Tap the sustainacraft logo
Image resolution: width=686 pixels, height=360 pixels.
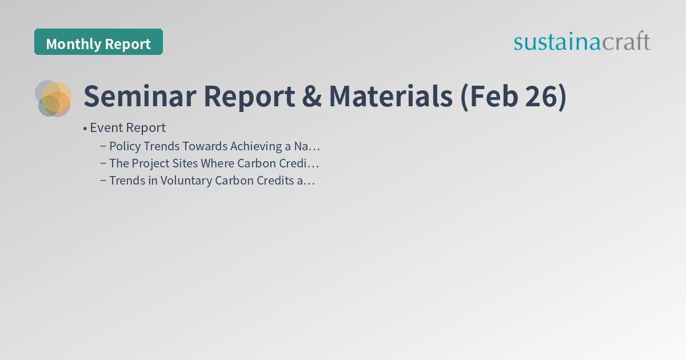click(x=581, y=42)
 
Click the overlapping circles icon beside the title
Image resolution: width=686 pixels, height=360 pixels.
click(x=53, y=98)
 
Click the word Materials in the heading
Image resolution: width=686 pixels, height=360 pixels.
click(x=390, y=96)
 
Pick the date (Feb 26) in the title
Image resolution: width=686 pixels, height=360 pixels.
click(x=513, y=96)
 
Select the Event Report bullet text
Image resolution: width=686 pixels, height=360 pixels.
click(x=127, y=127)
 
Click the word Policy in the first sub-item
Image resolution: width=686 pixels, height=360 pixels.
click(x=124, y=146)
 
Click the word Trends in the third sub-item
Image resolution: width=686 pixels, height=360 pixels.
click(x=126, y=181)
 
